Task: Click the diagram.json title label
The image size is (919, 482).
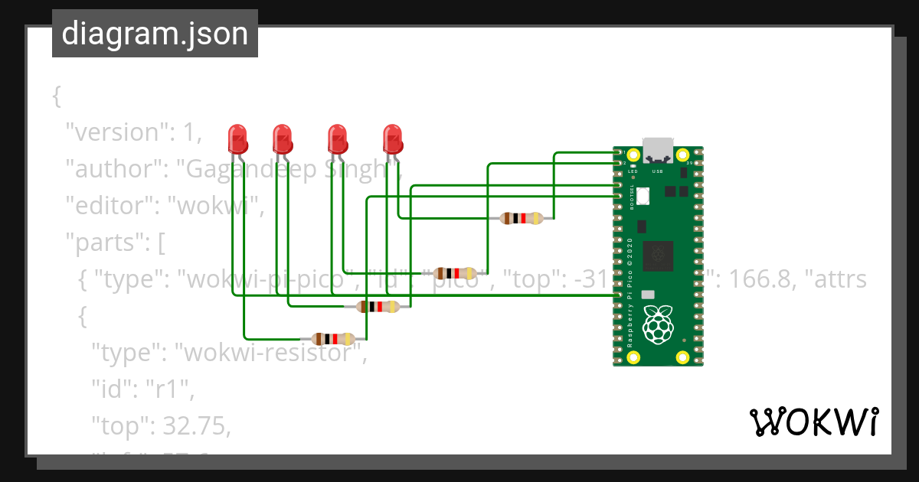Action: click(155, 34)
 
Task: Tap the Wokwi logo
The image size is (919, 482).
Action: click(813, 422)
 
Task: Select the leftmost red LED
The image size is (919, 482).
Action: click(238, 139)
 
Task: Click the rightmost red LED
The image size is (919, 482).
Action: click(393, 139)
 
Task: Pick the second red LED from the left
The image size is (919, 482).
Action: click(283, 139)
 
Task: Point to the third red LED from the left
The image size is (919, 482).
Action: click(337, 139)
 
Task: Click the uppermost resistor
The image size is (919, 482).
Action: click(521, 218)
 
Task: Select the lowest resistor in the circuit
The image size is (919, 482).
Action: click(333, 339)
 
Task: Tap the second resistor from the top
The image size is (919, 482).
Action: click(456, 273)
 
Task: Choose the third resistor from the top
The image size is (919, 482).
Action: click(378, 307)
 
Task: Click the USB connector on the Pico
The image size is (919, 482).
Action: click(658, 150)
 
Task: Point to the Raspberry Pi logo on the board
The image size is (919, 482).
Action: click(658, 324)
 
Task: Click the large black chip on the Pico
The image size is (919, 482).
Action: click(658, 256)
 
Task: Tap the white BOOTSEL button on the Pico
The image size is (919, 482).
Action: click(643, 197)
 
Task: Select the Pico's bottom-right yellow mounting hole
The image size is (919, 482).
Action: click(682, 356)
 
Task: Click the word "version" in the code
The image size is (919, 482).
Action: click(114, 132)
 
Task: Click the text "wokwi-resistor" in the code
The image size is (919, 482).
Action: click(267, 354)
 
